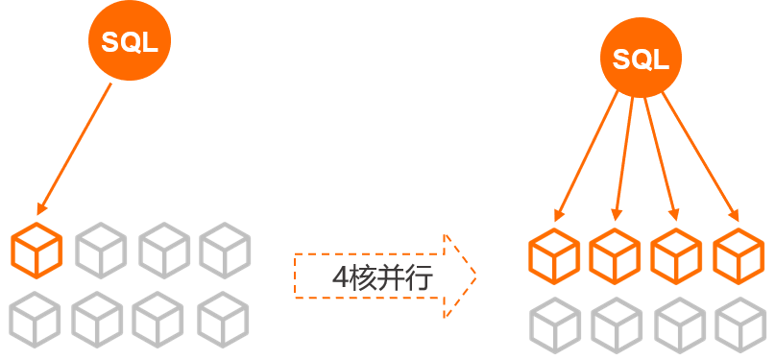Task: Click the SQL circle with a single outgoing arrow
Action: (130, 40)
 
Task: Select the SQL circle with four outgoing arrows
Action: (642, 58)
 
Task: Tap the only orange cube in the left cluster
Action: (36, 251)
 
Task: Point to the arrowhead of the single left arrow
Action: (42, 208)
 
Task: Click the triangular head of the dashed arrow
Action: (460, 276)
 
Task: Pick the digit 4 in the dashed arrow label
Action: (341, 278)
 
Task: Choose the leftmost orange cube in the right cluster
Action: (554, 256)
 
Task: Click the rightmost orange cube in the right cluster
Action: (739, 256)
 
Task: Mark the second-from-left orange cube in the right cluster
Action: (615, 256)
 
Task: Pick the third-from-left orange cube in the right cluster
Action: (676, 256)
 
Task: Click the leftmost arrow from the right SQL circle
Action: (586, 156)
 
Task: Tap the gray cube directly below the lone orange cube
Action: (35, 320)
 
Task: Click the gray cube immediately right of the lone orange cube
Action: (101, 251)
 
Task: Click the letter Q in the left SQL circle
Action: (130, 43)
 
